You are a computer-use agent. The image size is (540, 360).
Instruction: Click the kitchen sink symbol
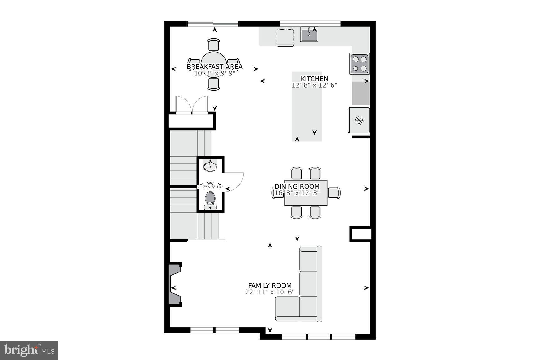pyautogui.click(x=309, y=34)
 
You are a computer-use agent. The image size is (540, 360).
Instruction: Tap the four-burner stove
pyautogui.click(x=359, y=64)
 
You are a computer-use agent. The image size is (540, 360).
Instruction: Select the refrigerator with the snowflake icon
pyautogui.click(x=359, y=120)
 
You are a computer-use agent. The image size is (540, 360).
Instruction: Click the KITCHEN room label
pyautogui.click(x=314, y=79)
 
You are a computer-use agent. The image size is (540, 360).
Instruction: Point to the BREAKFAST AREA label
pyautogui.click(x=215, y=67)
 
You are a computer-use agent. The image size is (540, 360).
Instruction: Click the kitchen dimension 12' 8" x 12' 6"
pyautogui.click(x=314, y=85)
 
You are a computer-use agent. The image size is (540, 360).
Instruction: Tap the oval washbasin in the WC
pyautogui.click(x=210, y=167)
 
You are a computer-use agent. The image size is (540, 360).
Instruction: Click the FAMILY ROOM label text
pyautogui.click(x=270, y=286)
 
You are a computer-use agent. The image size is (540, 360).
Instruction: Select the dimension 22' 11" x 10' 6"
pyautogui.click(x=270, y=292)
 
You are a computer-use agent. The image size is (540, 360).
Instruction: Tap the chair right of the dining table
pyautogui.click(x=334, y=192)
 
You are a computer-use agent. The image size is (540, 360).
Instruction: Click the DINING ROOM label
pyautogui.click(x=297, y=187)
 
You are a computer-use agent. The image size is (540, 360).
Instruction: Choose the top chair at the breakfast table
pyautogui.click(x=214, y=45)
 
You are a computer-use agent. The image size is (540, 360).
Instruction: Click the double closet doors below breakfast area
pyautogui.click(x=192, y=104)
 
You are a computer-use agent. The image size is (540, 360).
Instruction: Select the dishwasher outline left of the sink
pyautogui.click(x=285, y=38)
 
